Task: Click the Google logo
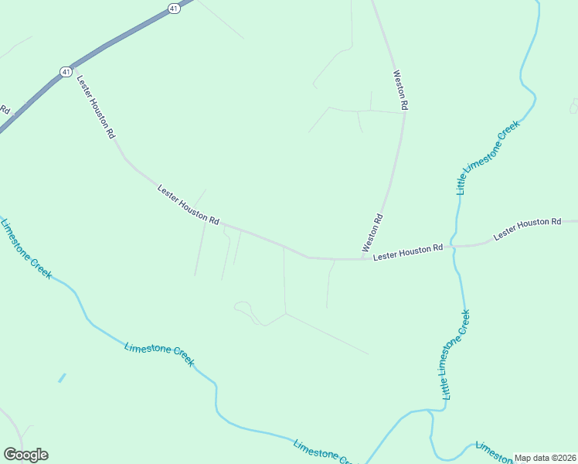[25, 455]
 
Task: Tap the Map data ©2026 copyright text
[546, 458]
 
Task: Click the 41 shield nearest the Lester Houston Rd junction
[66, 71]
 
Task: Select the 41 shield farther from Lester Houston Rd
[174, 8]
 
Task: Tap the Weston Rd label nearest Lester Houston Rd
[373, 233]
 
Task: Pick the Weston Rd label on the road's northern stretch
[399, 90]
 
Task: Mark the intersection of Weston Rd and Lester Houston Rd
[365, 258]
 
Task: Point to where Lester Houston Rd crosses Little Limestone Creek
[455, 246]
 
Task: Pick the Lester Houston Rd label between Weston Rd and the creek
[407, 251]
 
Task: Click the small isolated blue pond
[62, 378]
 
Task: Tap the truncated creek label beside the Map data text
[492, 450]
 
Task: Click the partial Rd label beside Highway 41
[4, 110]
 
